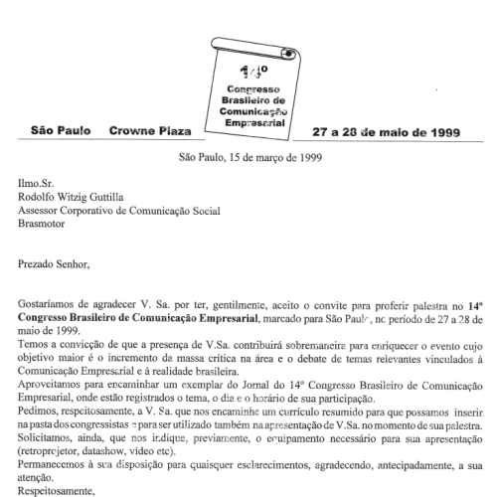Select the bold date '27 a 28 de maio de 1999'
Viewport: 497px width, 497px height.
click(x=386, y=131)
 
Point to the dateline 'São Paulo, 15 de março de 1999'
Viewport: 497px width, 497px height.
click(x=248, y=157)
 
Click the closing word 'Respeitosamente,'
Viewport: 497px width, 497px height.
click(x=64, y=491)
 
